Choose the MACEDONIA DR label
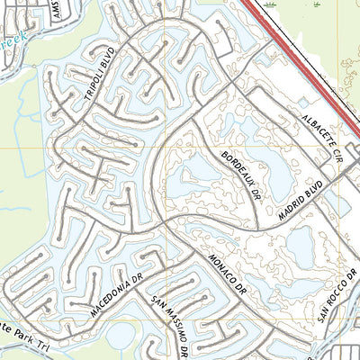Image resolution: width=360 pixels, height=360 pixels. [116, 295]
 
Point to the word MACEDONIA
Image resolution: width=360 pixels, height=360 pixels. [109, 301]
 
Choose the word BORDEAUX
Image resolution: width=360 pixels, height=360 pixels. [237, 166]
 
